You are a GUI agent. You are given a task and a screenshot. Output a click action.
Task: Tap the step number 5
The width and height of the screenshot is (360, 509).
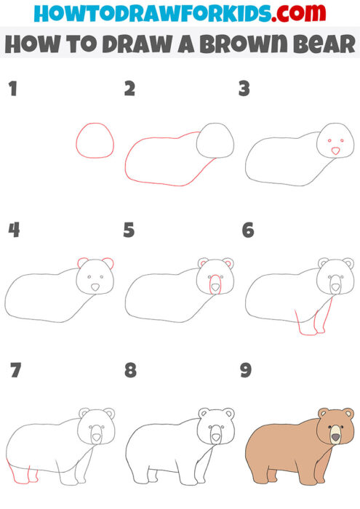tap(129, 231)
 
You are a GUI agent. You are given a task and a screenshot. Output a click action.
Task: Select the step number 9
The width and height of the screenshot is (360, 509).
tap(246, 371)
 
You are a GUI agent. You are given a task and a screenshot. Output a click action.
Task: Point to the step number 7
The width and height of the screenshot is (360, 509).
tap(14, 371)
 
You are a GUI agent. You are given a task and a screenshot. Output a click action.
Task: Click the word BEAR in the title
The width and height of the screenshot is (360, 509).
tap(321, 44)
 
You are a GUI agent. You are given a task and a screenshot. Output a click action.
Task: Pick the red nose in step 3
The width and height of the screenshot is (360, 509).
tap(335, 151)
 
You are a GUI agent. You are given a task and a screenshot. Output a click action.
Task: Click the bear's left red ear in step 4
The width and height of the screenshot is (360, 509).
tap(82, 262)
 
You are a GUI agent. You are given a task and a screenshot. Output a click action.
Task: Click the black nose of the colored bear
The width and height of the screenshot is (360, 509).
tap(335, 437)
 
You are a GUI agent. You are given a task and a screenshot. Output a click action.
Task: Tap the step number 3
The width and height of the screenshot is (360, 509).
tap(245, 90)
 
